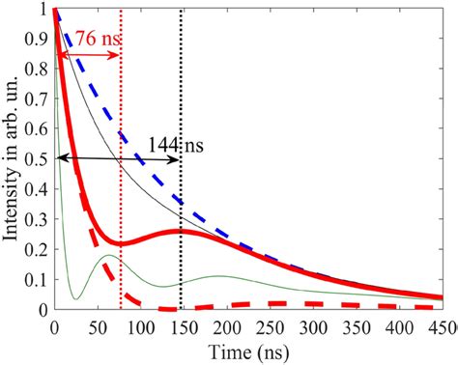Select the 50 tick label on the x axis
coord(98,325)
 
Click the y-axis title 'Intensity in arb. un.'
coord(15,159)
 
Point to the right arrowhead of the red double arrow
coord(117,55)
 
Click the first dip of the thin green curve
coord(73,298)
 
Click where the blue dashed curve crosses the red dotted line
coord(121,133)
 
